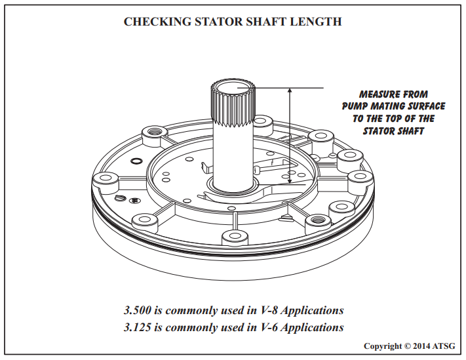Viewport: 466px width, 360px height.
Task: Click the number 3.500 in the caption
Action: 137,310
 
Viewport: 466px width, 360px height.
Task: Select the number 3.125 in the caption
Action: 137,327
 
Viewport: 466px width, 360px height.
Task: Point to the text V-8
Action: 269,310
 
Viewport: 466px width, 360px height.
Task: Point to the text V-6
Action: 269,327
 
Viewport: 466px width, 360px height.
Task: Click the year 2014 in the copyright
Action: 421,346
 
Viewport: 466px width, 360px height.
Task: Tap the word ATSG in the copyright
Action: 444,346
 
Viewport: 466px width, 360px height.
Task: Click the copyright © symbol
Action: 408,346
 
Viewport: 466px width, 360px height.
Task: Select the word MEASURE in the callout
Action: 376,94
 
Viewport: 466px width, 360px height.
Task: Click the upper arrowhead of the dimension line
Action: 290,90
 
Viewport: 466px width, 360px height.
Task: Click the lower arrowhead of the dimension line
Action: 290,181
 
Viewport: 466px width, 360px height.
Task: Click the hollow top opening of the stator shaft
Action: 233,87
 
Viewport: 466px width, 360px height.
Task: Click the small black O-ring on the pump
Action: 136,161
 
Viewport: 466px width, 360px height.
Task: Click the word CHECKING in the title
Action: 157,22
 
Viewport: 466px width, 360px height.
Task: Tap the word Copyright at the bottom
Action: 383,346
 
